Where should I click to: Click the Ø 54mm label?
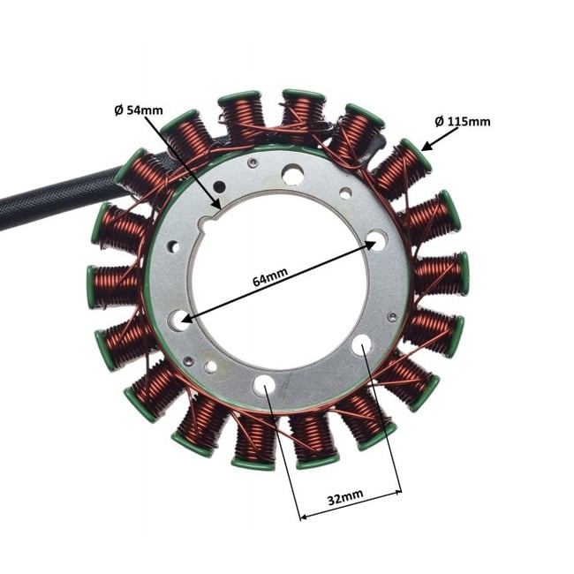point(139,110)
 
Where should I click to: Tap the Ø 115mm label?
point(462,121)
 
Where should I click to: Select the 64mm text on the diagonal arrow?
point(269,278)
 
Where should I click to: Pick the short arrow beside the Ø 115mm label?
point(436,136)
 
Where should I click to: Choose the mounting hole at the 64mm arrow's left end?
point(180,320)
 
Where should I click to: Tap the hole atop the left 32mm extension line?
point(265,385)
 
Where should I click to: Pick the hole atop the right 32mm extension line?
point(362,346)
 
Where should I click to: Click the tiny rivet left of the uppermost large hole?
point(253,162)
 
